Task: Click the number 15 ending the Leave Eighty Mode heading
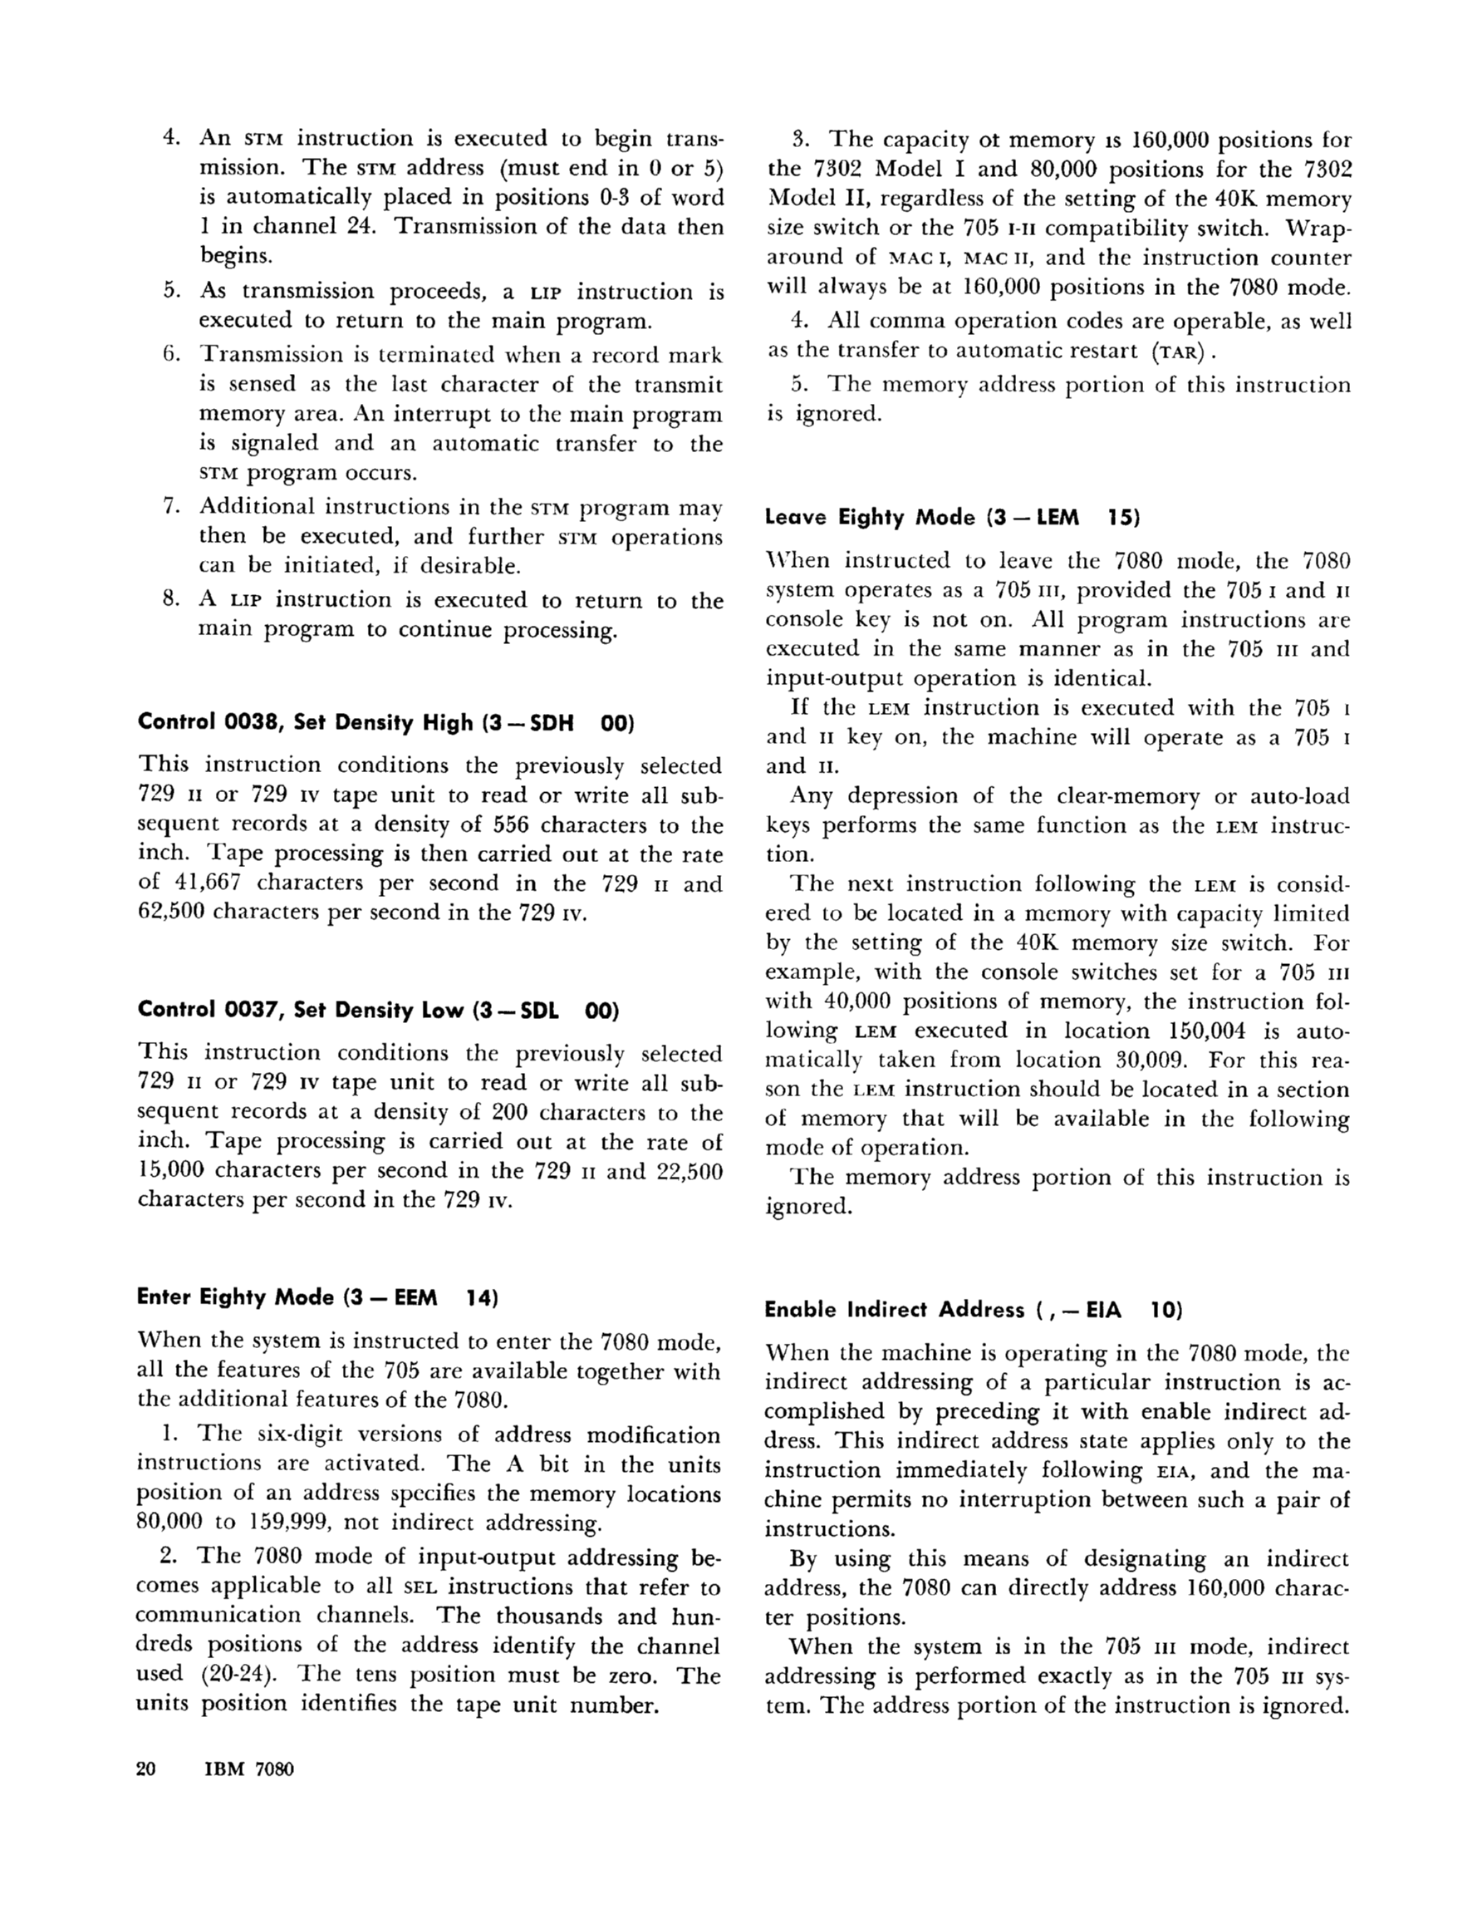click(x=1122, y=517)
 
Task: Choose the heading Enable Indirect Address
click(x=893, y=1310)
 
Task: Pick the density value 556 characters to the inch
click(x=510, y=824)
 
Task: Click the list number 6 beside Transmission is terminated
click(x=171, y=354)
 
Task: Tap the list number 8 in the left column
click(x=171, y=600)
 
